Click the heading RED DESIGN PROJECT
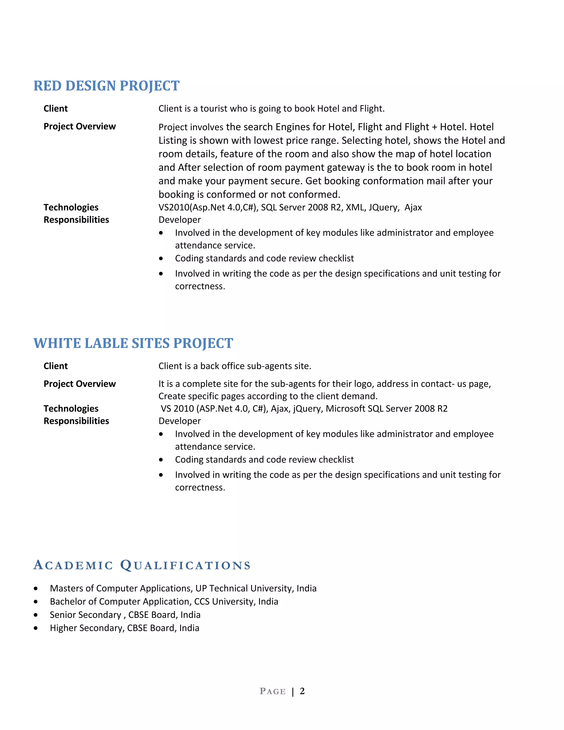(x=106, y=86)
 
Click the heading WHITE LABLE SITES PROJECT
(x=133, y=343)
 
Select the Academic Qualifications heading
(x=142, y=565)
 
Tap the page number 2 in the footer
(x=302, y=691)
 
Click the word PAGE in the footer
(x=273, y=691)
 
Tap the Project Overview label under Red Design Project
(x=80, y=126)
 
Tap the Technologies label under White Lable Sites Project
(x=71, y=409)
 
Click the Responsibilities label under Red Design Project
(x=76, y=220)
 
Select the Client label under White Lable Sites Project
(x=55, y=366)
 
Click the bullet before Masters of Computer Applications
(x=36, y=589)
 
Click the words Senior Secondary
(x=85, y=615)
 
